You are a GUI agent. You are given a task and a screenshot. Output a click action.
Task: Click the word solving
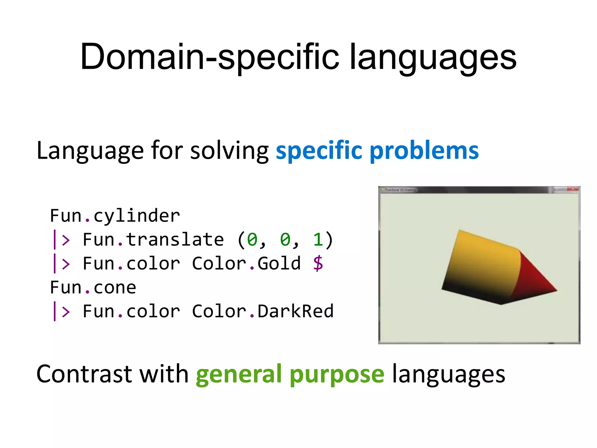tap(229, 151)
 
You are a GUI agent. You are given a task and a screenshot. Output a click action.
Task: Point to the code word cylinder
tap(136, 216)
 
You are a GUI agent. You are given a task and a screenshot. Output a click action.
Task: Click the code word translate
tap(175, 240)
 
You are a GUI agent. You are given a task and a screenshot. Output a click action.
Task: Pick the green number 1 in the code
tap(318, 240)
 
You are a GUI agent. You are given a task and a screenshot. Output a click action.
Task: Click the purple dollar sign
tap(318, 263)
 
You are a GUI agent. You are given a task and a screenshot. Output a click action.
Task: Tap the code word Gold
tap(279, 263)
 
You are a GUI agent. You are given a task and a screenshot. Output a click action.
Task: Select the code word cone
tap(115, 288)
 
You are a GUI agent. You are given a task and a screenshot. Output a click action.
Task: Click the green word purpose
tap(337, 374)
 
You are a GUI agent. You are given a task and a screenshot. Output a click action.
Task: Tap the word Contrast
tap(84, 374)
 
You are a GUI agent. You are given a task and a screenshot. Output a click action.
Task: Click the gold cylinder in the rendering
tap(481, 262)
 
